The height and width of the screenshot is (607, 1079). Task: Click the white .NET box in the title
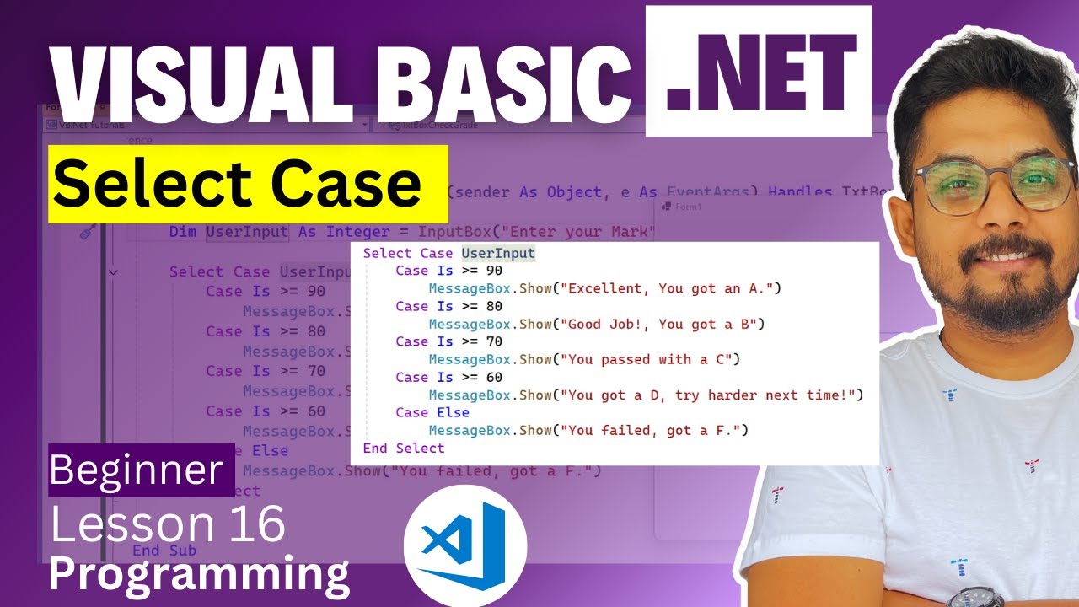tap(759, 72)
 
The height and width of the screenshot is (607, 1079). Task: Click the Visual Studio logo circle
tap(464, 545)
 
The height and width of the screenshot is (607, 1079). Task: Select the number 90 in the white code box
tap(495, 271)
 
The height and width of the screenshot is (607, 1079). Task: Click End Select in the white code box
tap(403, 448)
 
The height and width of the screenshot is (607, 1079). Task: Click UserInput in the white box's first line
tap(498, 253)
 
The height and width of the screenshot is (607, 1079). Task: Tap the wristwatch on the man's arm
tap(979, 598)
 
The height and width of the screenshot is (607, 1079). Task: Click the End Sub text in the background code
tap(164, 551)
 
